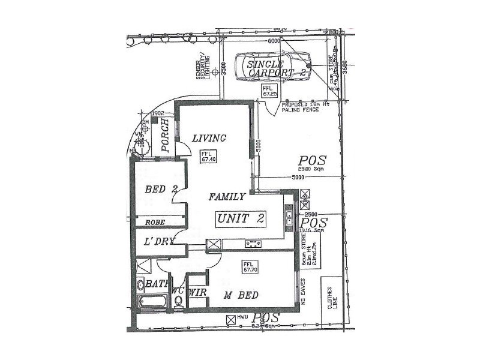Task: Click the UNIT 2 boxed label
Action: (x=240, y=218)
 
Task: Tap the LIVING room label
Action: (x=209, y=139)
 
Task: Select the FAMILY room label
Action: (x=226, y=196)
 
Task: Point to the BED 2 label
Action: (x=161, y=190)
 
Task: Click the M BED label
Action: (x=241, y=295)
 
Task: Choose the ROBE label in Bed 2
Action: (x=155, y=222)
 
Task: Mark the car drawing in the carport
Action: (x=273, y=67)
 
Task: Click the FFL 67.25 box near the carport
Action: (x=269, y=91)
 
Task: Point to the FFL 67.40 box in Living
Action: (x=208, y=156)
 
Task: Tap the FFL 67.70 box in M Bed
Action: (x=250, y=267)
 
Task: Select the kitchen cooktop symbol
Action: (x=253, y=244)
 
